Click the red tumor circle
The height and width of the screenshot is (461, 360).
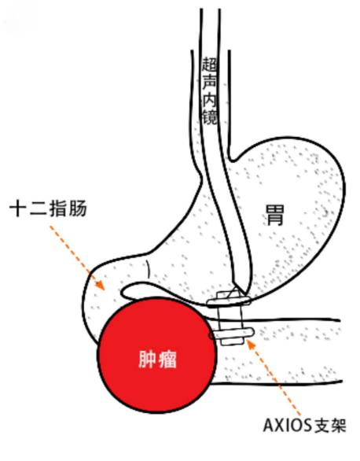[157, 356]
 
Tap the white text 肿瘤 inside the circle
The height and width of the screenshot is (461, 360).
[157, 360]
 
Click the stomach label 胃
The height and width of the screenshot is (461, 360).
[275, 216]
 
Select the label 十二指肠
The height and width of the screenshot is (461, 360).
[49, 208]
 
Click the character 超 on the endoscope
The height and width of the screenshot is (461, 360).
[210, 64]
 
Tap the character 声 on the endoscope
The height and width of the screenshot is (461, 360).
[210, 82]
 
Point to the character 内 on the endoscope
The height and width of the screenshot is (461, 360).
[210, 99]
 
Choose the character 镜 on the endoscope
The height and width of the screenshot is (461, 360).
[210, 117]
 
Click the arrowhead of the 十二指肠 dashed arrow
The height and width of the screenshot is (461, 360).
[100, 286]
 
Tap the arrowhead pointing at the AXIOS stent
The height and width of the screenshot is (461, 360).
[251, 344]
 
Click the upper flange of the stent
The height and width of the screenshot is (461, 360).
[229, 301]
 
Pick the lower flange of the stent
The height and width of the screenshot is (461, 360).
[232, 334]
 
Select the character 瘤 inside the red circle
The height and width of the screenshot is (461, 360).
[167, 360]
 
